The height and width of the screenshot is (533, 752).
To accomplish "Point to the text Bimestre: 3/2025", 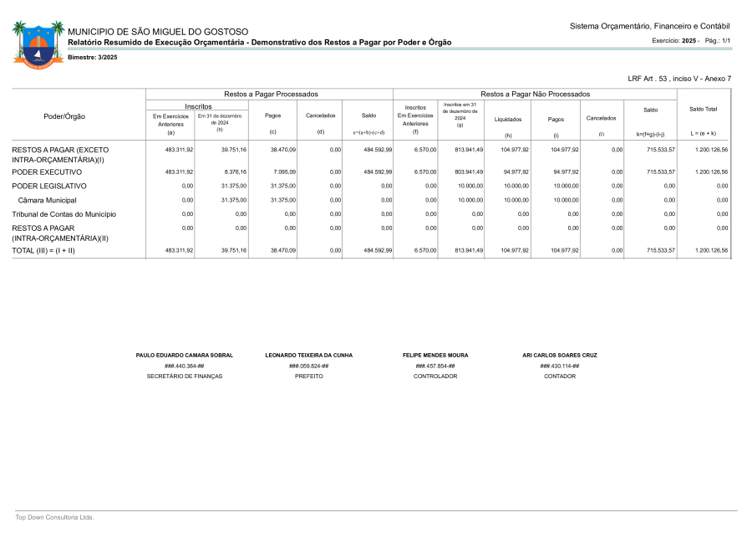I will pos(92,57).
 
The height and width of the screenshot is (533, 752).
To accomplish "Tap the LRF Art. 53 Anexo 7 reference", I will pos(679,78).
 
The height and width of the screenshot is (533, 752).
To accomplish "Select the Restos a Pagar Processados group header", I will pos(270,95).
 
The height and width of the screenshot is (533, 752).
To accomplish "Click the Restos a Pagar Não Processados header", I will pos(535,95).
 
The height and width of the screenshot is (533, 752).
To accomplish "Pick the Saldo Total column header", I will pos(703,109).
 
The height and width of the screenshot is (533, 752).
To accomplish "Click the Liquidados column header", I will pos(507,119).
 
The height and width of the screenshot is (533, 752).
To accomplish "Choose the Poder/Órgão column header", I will pos(64,116).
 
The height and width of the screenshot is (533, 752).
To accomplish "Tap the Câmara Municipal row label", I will pos(48,200).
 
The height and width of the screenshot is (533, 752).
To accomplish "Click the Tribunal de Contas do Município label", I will pos(64,214).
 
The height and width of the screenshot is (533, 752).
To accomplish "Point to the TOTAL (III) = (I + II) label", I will pos(43,250).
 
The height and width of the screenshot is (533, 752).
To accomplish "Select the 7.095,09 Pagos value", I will pos(282,172).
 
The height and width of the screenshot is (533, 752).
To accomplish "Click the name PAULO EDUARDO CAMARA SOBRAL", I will pos(184,355).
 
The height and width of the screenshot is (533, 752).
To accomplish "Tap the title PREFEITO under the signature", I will pos(308,377).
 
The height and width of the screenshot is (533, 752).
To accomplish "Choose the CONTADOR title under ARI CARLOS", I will pos(559,377).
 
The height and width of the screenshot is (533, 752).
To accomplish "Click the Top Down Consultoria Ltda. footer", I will pos(54,517).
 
